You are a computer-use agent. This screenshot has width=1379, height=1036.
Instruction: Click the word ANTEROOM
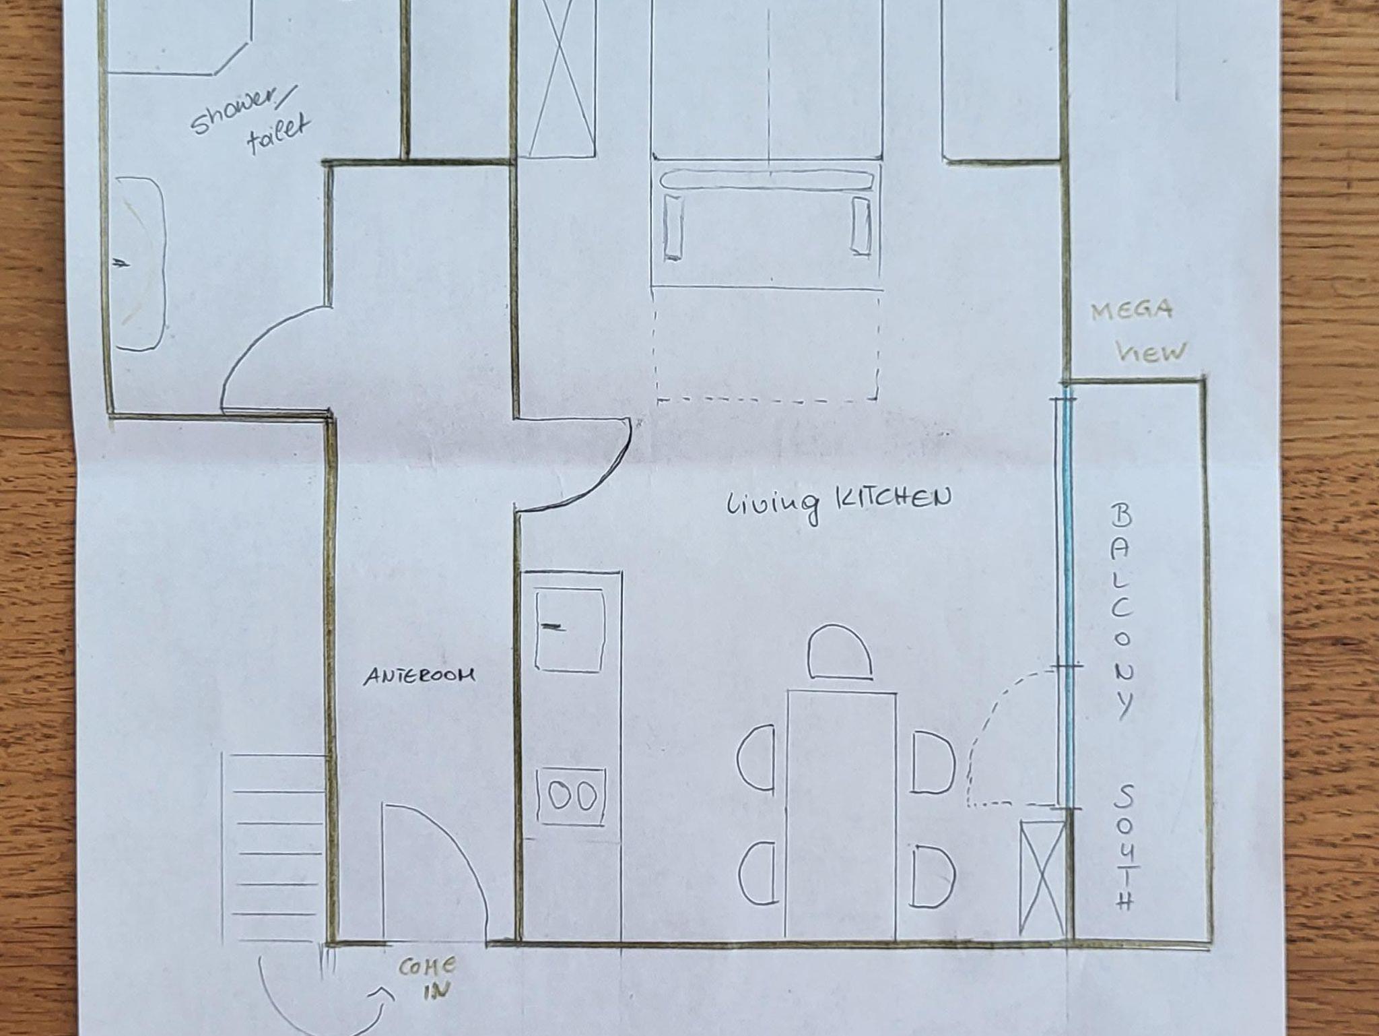pyautogui.click(x=419, y=676)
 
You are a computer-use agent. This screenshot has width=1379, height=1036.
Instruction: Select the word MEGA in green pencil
pyautogui.click(x=1132, y=311)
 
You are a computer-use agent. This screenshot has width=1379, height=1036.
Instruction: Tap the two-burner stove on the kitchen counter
pyautogui.click(x=571, y=798)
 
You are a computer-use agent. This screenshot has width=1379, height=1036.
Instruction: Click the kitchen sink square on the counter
pyautogui.click(x=569, y=630)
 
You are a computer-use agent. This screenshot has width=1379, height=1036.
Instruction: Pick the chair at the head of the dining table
pyautogui.click(x=840, y=651)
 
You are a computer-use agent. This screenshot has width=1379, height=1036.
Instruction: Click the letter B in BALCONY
pyautogui.click(x=1120, y=517)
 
